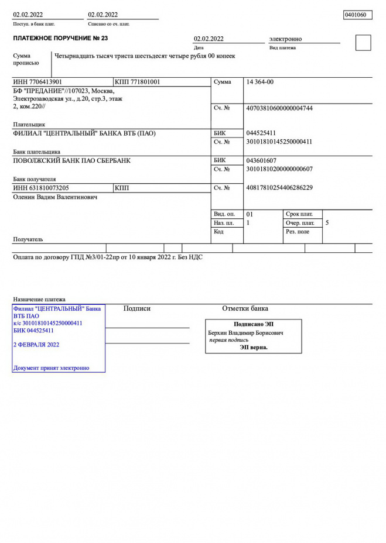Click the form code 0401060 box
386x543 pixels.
[x=357, y=15]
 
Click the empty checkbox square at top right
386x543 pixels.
[x=363, y=43]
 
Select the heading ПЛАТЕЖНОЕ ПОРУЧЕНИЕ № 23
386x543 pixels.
[x=60, y=38]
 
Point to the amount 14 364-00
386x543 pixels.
[x=260, y=82]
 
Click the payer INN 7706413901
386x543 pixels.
[x=37, y=82]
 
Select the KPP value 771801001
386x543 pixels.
[x=138, y=82]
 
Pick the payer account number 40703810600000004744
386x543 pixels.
[x=279, y=108]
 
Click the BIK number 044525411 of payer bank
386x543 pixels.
[x=261, y=133]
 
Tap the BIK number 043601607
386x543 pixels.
[x=261, y=160]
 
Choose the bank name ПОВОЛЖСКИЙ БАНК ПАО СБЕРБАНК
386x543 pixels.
[x=71, y=160]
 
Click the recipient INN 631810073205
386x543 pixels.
[x=40, y=188]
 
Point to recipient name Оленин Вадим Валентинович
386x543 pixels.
[x=55, y=197]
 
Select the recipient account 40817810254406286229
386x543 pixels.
[x=279, y=188]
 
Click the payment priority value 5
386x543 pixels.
[x=327, y=223]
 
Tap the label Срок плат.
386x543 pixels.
[x=299, y=214]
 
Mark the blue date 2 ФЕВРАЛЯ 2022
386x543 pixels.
[x=36, y=345]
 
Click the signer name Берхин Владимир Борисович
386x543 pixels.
[x=245, y=332]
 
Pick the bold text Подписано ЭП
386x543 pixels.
[x=253, y=324]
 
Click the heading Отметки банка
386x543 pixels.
[x=245, y=308]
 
